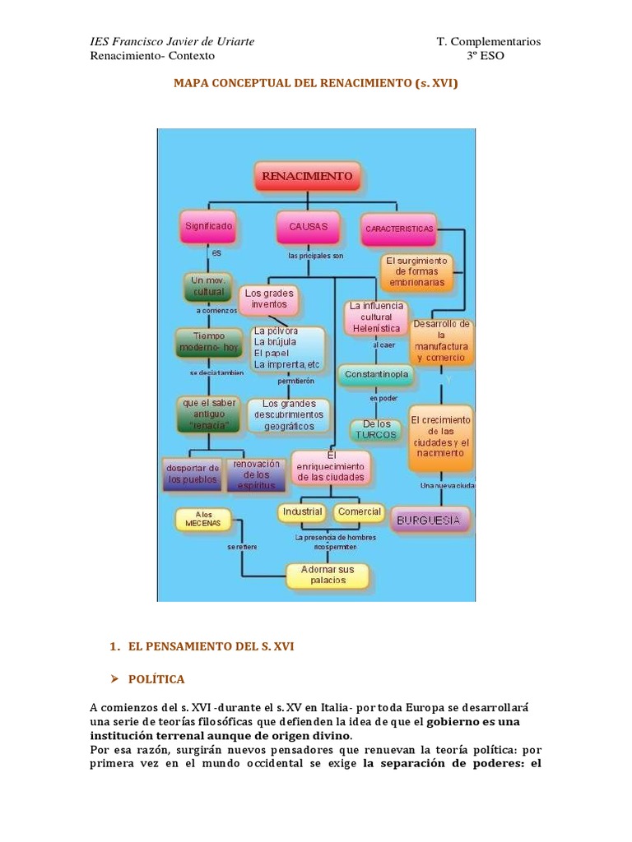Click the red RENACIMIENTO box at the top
point(307,177)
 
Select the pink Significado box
point(208,226)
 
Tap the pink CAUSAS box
point(308,227)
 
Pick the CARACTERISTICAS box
point(399,229)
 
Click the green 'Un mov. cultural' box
point(208,285)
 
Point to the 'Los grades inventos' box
point(268,298)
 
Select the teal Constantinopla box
point(376,375)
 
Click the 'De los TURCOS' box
point(375,429)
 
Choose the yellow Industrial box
point(303,512)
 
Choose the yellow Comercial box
point(359,512)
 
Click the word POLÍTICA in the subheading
point(156,679)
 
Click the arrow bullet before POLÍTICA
point(114,679)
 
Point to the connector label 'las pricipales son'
point(314,256)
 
